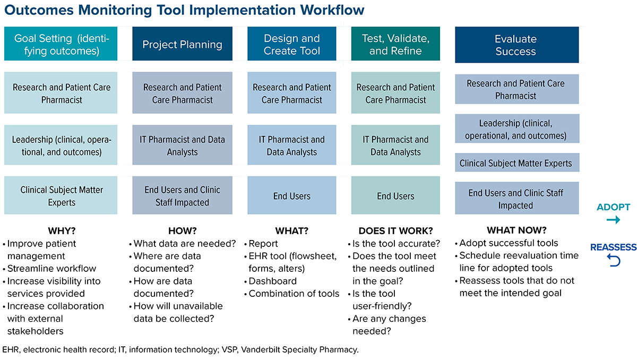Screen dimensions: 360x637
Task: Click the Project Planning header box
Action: point(182,45)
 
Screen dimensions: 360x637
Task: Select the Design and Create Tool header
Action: point(291,45)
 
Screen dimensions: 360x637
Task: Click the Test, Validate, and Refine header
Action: point(395,45)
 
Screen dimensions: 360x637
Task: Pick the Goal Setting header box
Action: point(61,45)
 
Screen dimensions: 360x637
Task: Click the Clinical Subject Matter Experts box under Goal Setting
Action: point(62,196)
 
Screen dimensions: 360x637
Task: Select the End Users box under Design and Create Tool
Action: point(291,196)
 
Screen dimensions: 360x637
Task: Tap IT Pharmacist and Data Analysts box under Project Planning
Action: point(182,145)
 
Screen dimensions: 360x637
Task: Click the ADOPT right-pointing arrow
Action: point(613,220)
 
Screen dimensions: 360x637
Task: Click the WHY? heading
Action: point(62,231)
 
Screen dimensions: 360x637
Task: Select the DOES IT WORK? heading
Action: point(395,231)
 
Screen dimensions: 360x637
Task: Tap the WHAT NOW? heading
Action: point(516,230)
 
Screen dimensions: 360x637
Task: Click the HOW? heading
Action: point(182,231)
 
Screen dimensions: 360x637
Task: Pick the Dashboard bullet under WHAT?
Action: point(272,281)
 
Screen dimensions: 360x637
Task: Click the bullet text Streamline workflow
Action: point(51,268)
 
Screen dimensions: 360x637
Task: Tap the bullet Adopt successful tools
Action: point(509,243)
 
